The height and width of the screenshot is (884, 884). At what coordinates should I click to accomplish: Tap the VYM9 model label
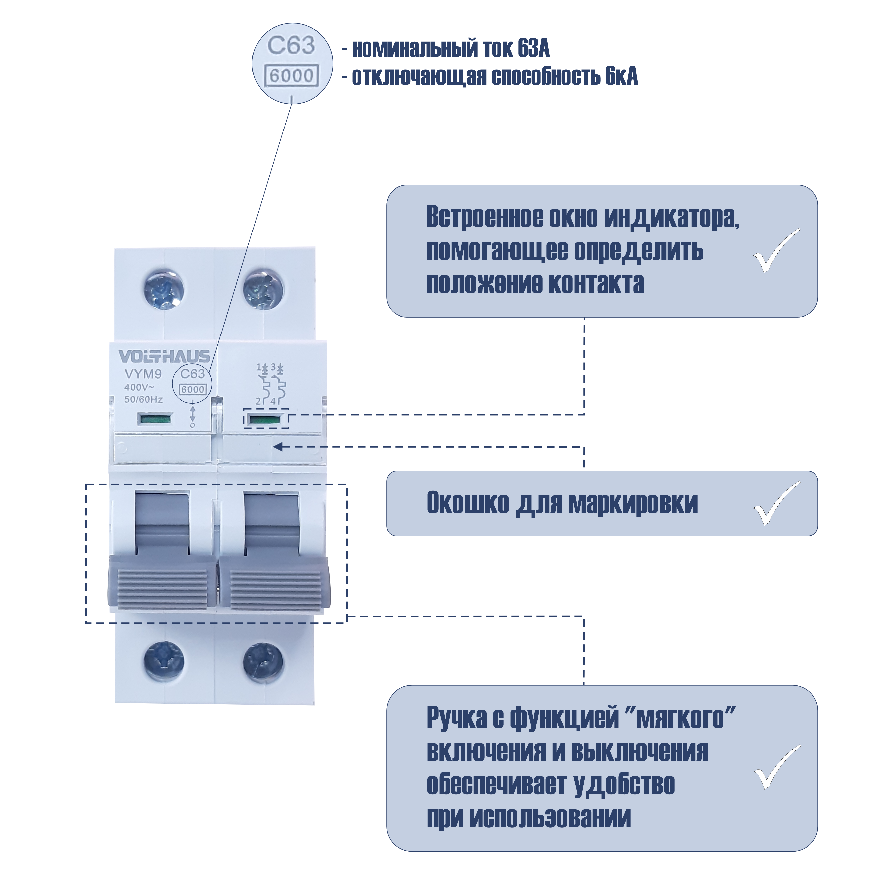(x=143, y=374)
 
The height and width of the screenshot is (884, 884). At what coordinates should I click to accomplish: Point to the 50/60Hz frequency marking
(x=143, y=399)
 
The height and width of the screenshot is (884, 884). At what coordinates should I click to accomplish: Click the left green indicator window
(x=155, y=418)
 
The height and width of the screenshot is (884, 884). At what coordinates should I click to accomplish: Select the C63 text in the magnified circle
(x=292, y=45)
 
